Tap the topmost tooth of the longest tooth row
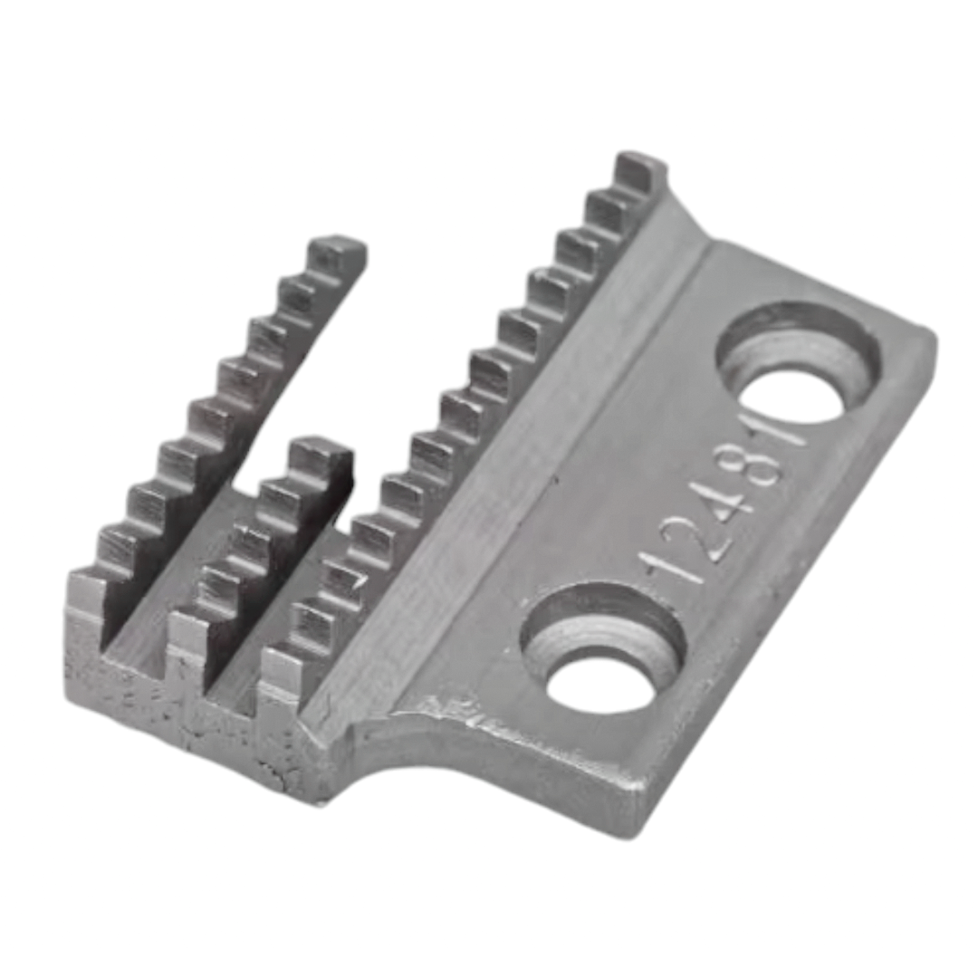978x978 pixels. (639, 170)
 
